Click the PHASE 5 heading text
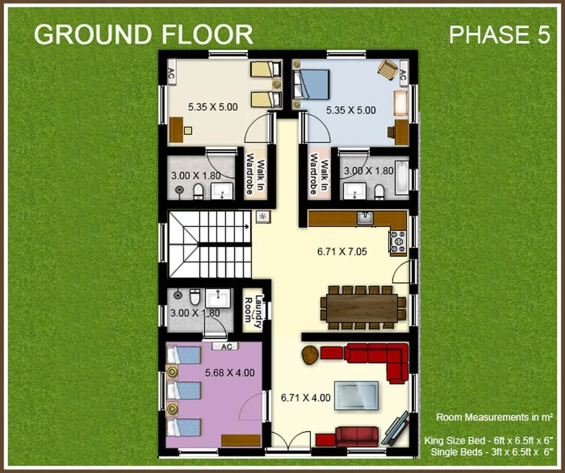click(499, 35)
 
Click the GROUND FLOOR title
click(143, 34)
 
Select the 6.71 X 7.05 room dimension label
click(342, 252)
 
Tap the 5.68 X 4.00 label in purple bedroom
click(230, 373)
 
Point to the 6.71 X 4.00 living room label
click(305, 398)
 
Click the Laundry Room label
click(254, 311)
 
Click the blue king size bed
click(312, 85)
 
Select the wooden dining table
click(362, 308)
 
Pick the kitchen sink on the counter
click(365, 218)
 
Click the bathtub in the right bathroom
click(401, 178)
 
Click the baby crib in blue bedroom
click(401, 102)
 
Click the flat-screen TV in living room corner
click(395, 428)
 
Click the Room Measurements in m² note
click(494, 417)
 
